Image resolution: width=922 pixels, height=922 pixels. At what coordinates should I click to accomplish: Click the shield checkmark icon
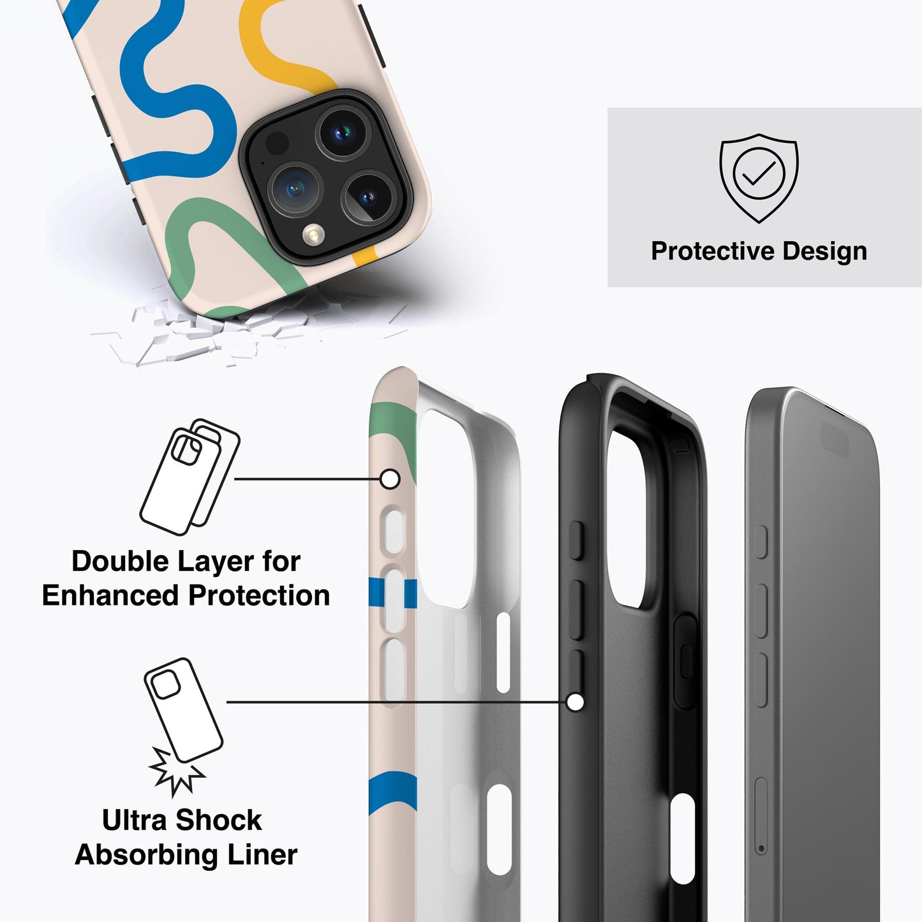[759, 178]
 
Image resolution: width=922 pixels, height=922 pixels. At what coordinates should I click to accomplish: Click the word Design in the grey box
[825, 251]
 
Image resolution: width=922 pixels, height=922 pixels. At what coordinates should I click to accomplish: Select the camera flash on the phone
[313, 234]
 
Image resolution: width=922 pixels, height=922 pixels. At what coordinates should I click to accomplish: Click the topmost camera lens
[343, 132]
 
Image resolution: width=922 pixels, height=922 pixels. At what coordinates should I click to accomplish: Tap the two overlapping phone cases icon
[190, 477]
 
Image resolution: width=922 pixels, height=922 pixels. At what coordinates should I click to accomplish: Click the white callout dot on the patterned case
[390, 479]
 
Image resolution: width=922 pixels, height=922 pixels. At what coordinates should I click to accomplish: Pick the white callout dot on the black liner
[575, 703]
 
